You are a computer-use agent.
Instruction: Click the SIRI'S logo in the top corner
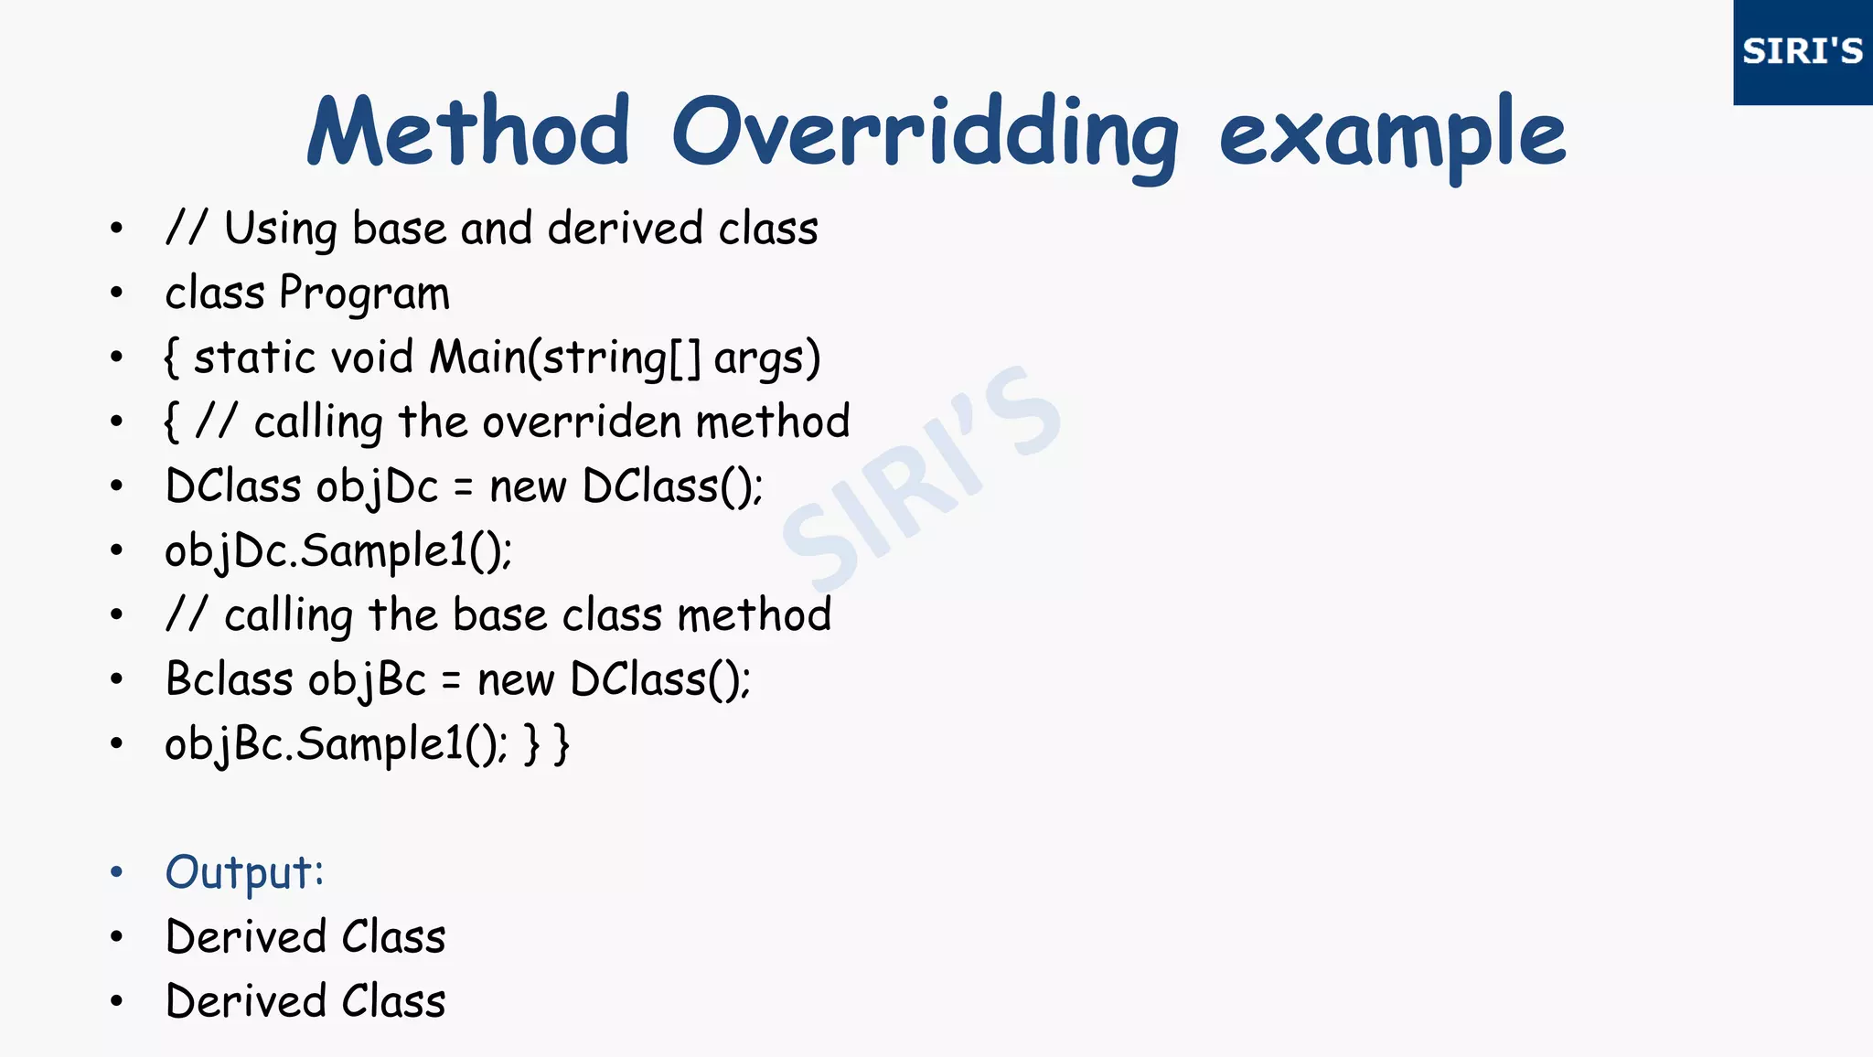coord(1802,51)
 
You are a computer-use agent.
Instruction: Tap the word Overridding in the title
coord(926,135)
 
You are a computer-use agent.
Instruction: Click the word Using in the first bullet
coord(281,229)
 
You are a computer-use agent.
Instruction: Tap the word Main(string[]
coord(565,358)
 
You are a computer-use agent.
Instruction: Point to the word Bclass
coord(230,679)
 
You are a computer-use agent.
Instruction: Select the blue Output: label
coord(244,872)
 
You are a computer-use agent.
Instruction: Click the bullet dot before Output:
coord(116,872)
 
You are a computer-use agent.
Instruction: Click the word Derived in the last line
coord(246,1001)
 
